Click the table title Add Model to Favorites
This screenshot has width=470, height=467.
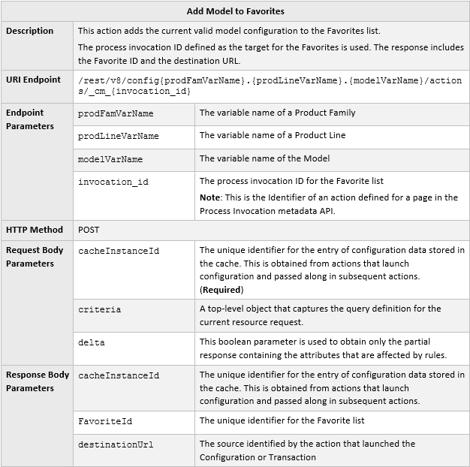pyautogui.click(x=235, y=11)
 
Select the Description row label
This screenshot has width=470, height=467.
pyautogui.click(x=30, y=31)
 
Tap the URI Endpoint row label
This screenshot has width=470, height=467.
pyautogui.click(x=34, y=80)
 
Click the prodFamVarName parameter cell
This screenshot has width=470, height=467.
pyautogui.click(x=116, y=113)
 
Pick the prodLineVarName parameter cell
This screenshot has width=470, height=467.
pyautogui.click(x=119, y=137)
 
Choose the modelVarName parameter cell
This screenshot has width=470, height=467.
pyautogui.click(x=110, y=159)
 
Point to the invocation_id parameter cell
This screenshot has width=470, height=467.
pyautogui.click(x=113, y=182)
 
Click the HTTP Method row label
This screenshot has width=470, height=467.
pyautogui.click(x=35, y=230)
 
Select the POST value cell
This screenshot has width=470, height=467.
pyautogui.click(x=89, y=230)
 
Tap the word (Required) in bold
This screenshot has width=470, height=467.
pyautogui.click(x=221, y=290)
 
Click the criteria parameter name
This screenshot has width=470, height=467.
pyautogui.click(x=100, y=309)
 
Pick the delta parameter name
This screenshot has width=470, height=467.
pyautogui.click(x=92, y=342)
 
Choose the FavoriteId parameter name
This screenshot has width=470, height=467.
pyautogui.click(x=105, y=421)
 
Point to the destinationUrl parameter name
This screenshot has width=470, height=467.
pyautogui.click(x=116, y=444)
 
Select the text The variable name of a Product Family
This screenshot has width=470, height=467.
pyautogui.click(x=278, y=113)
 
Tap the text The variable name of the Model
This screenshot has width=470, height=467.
pyautogui.click(x=264, y=159)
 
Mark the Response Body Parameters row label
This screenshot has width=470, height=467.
pyautogui.click(x=38, y=381)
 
